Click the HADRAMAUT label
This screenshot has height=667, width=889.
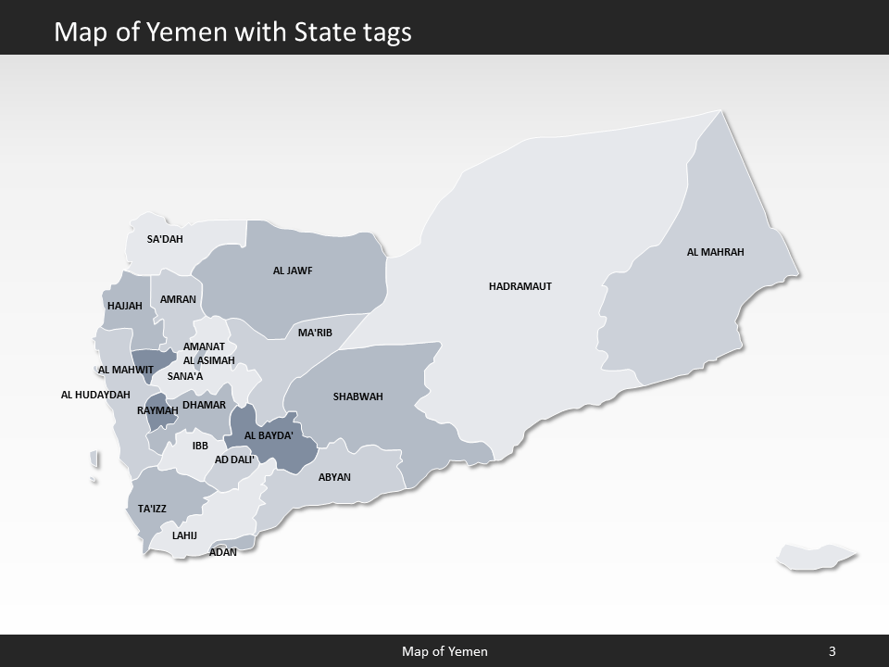(520, 286)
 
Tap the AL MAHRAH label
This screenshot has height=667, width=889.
(715, 252)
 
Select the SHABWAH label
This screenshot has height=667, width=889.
(357, 396)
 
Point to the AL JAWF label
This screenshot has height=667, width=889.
(293, 271)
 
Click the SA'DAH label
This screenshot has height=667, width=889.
(165, 239)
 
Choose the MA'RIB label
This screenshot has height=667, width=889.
(315, 333)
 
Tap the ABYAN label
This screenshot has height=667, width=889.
(334, 477)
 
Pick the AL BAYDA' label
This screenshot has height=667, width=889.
(269, 435)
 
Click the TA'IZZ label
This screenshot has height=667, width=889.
(152, 509)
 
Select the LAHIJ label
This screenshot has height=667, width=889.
(184, 535)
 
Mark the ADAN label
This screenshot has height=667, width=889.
(223, 552)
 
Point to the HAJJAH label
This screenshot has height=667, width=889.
(125, 306)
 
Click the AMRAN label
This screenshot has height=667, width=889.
(178, 299)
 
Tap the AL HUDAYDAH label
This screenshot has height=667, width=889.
(95, 395)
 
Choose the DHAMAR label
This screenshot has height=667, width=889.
(204, 405)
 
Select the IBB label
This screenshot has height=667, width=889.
(200, 446)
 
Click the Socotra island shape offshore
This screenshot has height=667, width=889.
(815, 557)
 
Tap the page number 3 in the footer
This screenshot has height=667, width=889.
(832, 651)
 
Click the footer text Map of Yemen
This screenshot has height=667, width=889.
(444, 651)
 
